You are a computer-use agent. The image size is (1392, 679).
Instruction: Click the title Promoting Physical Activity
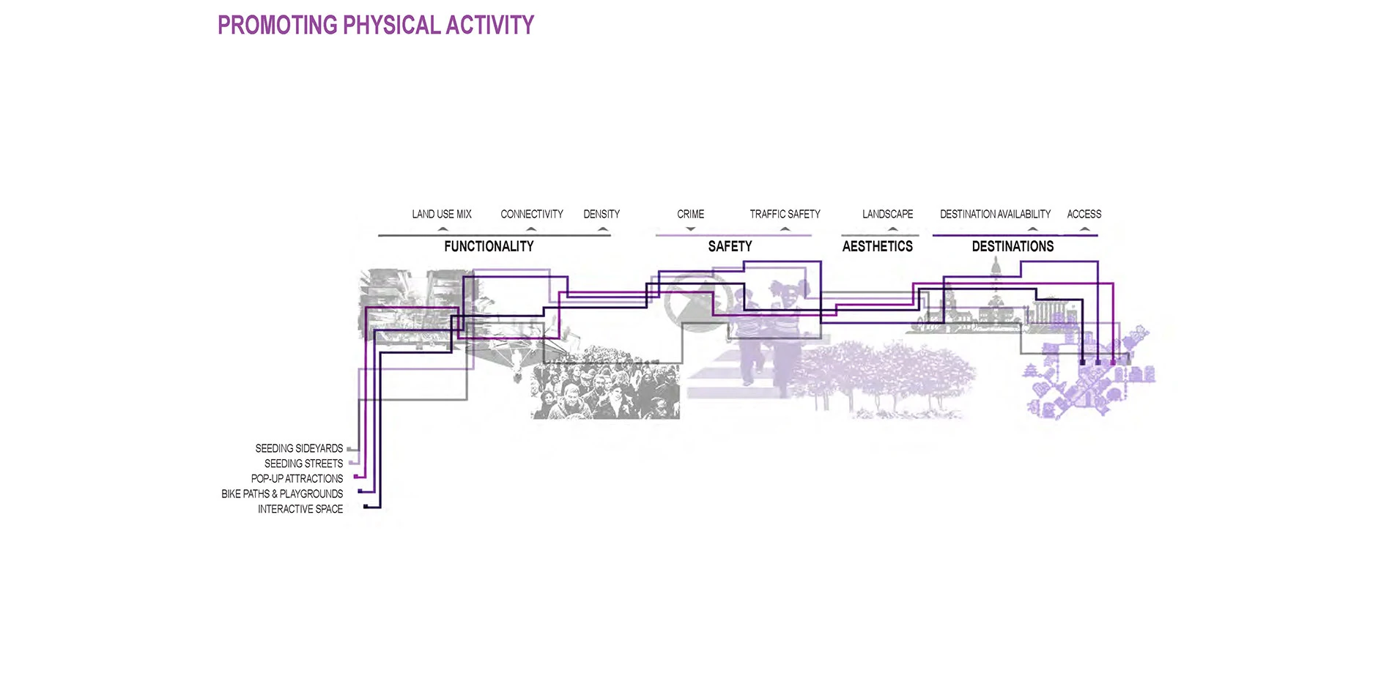(x=376, y=26)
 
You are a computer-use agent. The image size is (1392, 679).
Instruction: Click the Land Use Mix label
(x=441, y=214)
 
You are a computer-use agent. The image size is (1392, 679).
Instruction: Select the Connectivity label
(x=532, y=214)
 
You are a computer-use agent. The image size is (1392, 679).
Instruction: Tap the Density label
(x=601, y=214)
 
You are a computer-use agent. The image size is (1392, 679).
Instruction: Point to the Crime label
(x=690, y=214)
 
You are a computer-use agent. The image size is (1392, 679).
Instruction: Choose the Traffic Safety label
(x=785, y=214)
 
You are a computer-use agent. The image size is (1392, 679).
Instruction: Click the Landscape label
(x=887, y=214)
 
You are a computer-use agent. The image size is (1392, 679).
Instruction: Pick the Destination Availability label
(x=995, y=214)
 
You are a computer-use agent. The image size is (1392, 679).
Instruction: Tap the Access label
(x=1084, y=214)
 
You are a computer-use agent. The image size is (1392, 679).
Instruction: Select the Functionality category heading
(x=489, y=247)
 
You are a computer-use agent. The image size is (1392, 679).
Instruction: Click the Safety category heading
(x=730, y=247)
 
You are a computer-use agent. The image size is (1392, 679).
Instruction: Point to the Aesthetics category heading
(x=877, y=247)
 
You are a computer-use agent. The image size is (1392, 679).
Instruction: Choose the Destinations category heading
(x=1012, y=247)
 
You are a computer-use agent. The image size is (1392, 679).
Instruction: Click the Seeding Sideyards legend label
(x=299, y=448)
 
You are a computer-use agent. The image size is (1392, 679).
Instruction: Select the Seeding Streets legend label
(x=303, y=464)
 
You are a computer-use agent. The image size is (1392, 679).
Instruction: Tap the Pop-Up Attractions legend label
(x=297, y=479)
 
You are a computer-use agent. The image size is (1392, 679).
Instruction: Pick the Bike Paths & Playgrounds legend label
(x=282, y=494)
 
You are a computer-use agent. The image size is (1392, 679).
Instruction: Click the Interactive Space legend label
(x=300, y=509)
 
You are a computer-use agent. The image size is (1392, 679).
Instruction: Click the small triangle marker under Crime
(x=690, y=229)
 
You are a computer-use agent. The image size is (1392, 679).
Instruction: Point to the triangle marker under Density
(x=603, y=229)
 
